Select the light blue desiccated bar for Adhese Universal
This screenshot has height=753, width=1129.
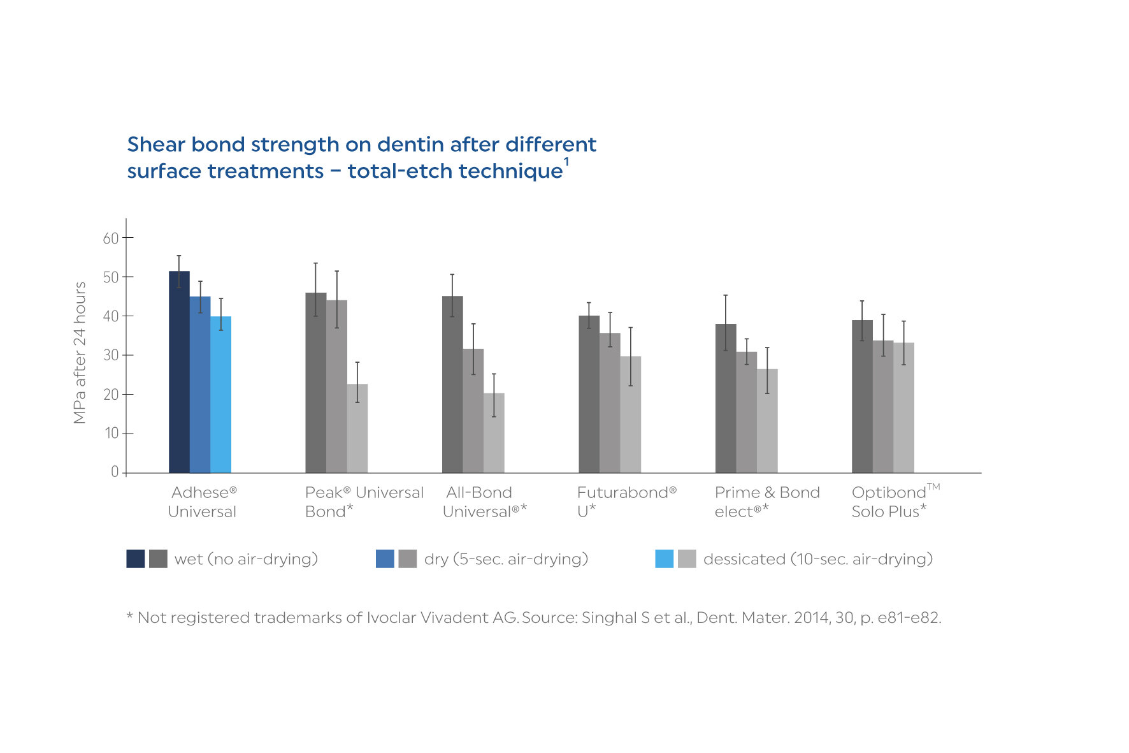click(220, 395)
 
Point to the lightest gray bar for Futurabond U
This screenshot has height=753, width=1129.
click(631, 414)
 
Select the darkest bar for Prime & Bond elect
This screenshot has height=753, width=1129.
click(726, 398)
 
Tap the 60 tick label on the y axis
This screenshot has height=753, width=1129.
click(111, 238)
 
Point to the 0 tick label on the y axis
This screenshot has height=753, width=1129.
click(115, 472)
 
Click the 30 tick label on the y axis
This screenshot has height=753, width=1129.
click(111, 355)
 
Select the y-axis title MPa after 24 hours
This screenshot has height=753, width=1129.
click(80, 353)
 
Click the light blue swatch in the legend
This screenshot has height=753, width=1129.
click(664, 559)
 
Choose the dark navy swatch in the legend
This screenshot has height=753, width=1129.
click(136, 559)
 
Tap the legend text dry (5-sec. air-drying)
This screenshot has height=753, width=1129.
click(506, 559)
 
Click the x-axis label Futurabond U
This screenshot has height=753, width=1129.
click(626, 502)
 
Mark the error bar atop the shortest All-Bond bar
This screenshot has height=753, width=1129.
click(494, 395)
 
